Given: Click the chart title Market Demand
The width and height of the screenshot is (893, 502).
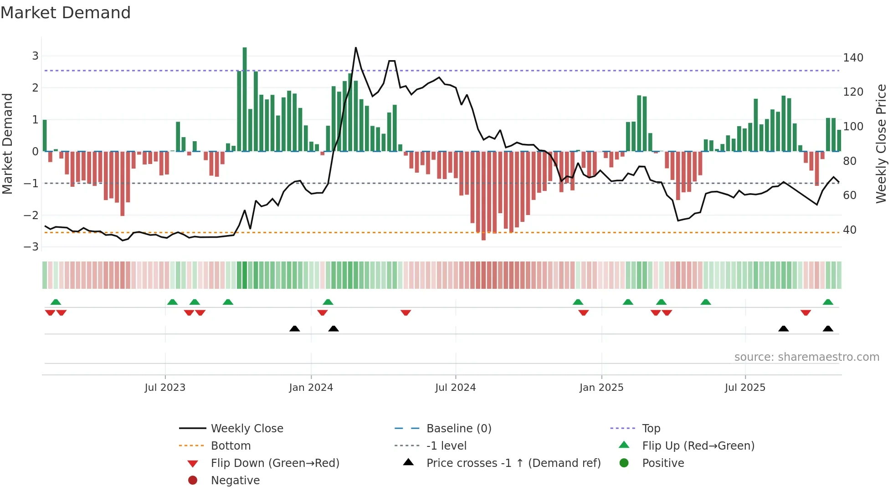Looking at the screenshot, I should [66, 13].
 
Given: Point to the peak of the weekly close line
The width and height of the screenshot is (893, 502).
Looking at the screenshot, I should [356, 48].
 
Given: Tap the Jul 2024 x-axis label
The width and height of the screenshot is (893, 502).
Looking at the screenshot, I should [455, 388].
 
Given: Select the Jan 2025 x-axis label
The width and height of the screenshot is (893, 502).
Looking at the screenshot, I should [601, 388].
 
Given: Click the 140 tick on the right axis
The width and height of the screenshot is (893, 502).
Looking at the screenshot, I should [853, 58].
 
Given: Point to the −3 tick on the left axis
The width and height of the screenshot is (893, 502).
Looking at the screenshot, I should [31, 247].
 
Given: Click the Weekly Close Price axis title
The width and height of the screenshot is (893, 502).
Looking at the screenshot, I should [881, 143].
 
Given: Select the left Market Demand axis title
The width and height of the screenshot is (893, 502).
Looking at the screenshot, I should [8, 143].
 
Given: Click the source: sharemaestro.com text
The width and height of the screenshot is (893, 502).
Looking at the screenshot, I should [806, 357].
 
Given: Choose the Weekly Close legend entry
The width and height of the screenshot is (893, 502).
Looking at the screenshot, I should [246, 429].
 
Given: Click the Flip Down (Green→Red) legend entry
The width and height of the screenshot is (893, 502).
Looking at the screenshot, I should [275, 463].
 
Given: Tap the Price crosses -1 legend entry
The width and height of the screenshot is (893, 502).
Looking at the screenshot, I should [513, 463].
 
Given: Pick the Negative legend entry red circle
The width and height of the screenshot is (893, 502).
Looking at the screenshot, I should [193, 481].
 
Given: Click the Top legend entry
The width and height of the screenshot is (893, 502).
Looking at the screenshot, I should [651, 429].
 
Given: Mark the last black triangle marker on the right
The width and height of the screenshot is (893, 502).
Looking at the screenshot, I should [828, 329].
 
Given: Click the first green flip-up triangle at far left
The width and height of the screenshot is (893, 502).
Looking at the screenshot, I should [56, 302].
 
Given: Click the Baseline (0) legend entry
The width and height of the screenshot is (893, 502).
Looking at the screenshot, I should [458, 429].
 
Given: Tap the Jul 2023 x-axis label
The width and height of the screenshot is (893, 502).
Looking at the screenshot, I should [165, 388].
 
